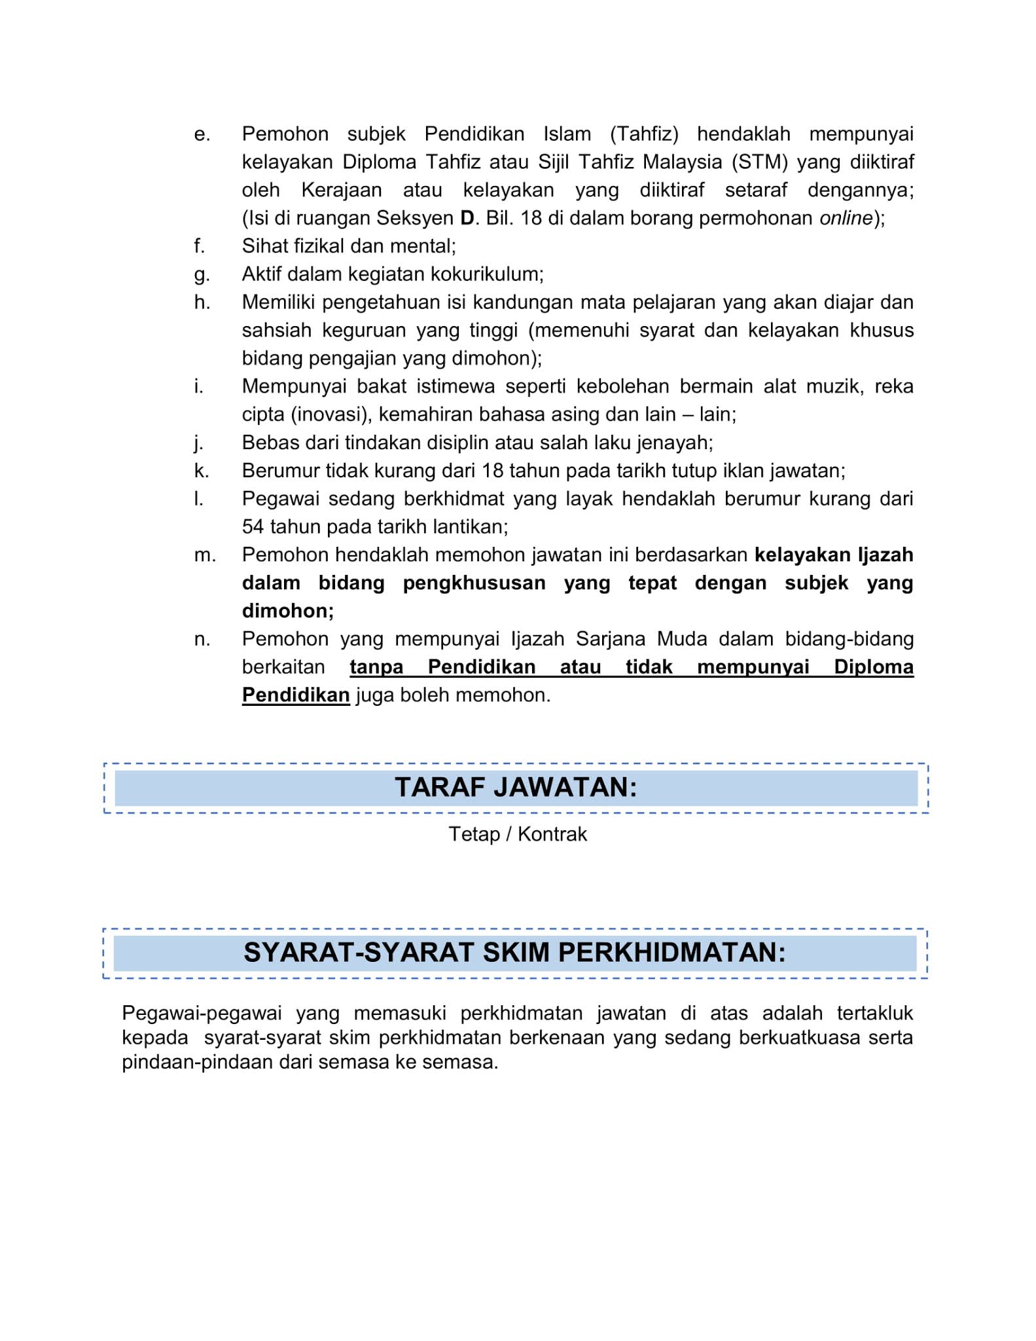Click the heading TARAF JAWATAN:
click(x=516, y=787)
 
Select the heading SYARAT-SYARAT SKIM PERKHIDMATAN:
click(x=514, y=952)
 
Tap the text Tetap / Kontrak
click(x=518, y=834)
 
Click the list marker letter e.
click(x=202, y=134)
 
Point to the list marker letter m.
click(x=204, y=555)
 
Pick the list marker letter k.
click(x=202, y=471)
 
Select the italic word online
click(x=846, y=218)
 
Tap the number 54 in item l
click(x=253, y=526)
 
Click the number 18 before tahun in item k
click(x=492, y=471)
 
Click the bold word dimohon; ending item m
click(x=288, y=611)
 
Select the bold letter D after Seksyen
click(x=467, y=218)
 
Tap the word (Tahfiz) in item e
click(x=644, y=134)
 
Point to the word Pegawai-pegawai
click(x=202, y=1013)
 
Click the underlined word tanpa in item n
click(x=376, y=667)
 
